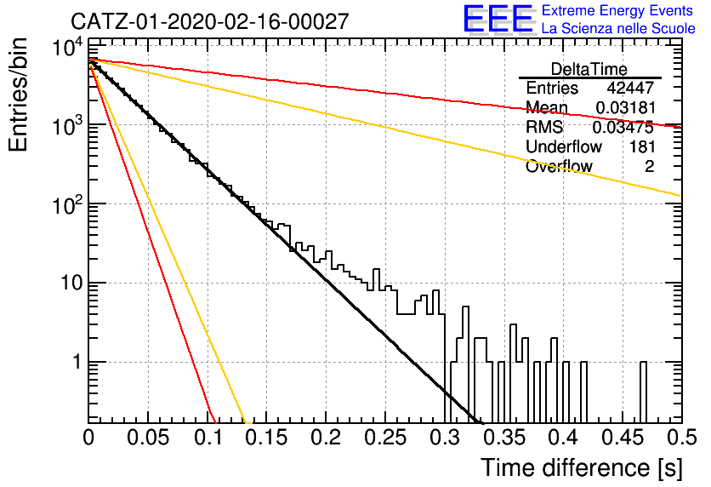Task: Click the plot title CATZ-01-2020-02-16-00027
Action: (210, 21)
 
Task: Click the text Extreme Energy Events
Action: (617, 10)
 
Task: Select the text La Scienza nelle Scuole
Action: (618, 28)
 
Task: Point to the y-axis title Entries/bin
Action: (18, 95)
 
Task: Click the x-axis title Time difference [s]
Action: (582, 467)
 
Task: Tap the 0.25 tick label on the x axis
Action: (385, 438)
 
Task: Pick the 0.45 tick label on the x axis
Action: (623, 438)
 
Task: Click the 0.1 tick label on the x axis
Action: (208, 438)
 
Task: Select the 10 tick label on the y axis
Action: (71, 284)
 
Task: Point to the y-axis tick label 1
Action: (77, 362)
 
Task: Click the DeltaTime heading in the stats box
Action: (589, 69)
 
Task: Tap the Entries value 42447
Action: (630, 88)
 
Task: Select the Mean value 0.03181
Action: (625, 107)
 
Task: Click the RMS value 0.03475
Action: (623, 128)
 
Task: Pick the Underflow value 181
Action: (642, 146)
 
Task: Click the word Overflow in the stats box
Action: (559, 167)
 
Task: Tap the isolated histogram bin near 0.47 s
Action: (644, 392)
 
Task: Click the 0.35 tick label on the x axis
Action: (504, 438)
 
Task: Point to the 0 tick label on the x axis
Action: (88, 438)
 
